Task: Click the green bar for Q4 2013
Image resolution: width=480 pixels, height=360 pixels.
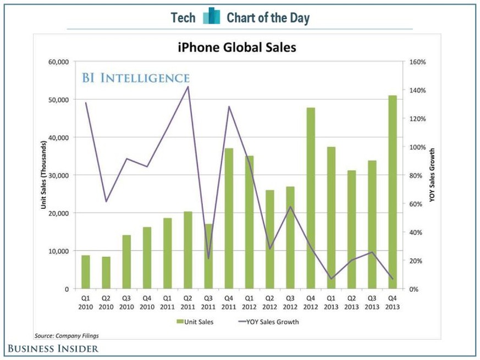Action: pyautogui.click(x=392, y=192)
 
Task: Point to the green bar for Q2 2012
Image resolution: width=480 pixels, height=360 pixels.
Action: pyautogui.click(x=270, y=239)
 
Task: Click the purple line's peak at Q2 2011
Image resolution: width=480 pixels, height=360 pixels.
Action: pyautogui.click(x=188, y=86)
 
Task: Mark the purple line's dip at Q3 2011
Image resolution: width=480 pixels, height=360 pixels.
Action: pyautogui.click(x=208, y=258)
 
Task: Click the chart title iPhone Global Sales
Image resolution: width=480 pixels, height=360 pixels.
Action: pyautogui.click(x=236, y=48)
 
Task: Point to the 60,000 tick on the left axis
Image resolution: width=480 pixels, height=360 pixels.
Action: pyautogui.click(x=57, y=62)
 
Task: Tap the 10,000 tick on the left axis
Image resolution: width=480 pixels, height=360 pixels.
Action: pyautogui.click(x=57, y=251)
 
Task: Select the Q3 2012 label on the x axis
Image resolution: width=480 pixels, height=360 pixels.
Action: pyautogui.click(x=290, y=303)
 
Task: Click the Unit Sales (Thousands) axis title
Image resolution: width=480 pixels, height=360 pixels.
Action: pyautogui.click(x=43, y=175)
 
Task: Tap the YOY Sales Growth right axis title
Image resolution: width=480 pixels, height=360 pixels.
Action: pyautogui.click(x=432, y=175)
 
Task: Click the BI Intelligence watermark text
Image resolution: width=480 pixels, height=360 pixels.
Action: pyautogui.click(x=136, y=77)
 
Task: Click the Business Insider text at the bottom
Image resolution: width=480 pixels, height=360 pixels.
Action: pyautogui.click(x=53, y=348)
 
